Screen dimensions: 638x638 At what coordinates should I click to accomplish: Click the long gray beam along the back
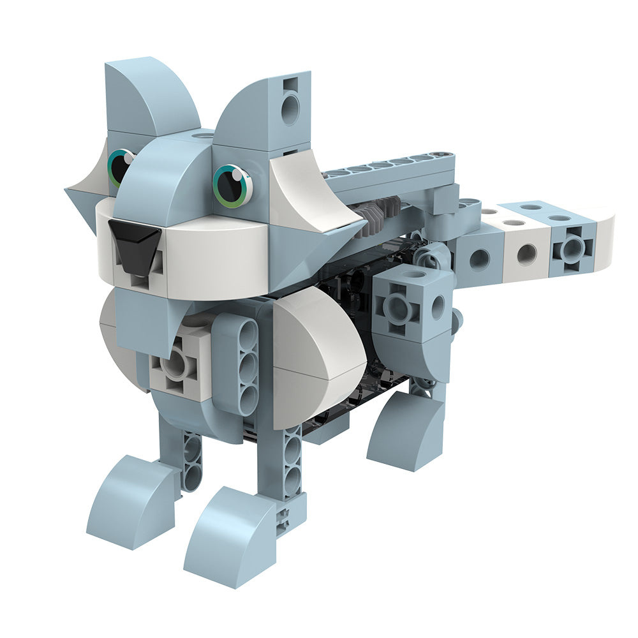click(389, 169)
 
